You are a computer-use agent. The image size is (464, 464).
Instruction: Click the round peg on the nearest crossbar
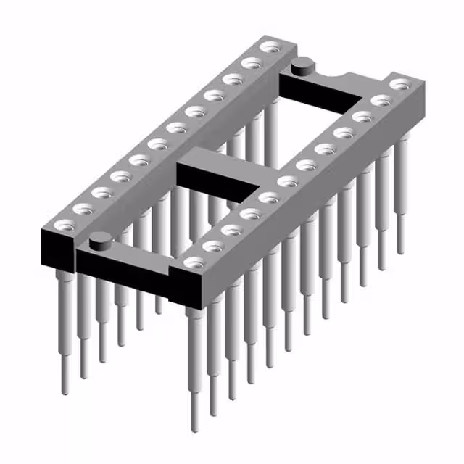coord(101,238)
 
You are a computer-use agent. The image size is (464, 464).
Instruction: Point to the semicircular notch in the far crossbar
coord(339,72)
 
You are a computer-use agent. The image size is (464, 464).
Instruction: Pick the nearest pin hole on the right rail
coord(193,262)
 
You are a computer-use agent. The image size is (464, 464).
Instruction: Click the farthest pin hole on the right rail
coord(398,85)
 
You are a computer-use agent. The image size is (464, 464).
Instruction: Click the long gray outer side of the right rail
coord(319,210)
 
